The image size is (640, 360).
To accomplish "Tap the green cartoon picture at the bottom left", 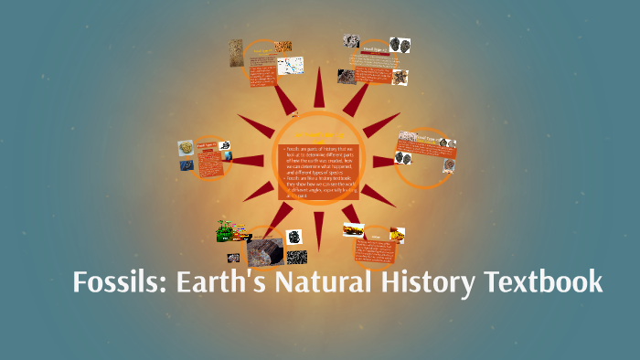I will point(231,232).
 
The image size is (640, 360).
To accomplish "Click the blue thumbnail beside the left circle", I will point(186,165).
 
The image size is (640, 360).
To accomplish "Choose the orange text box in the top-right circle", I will point(369,69).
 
